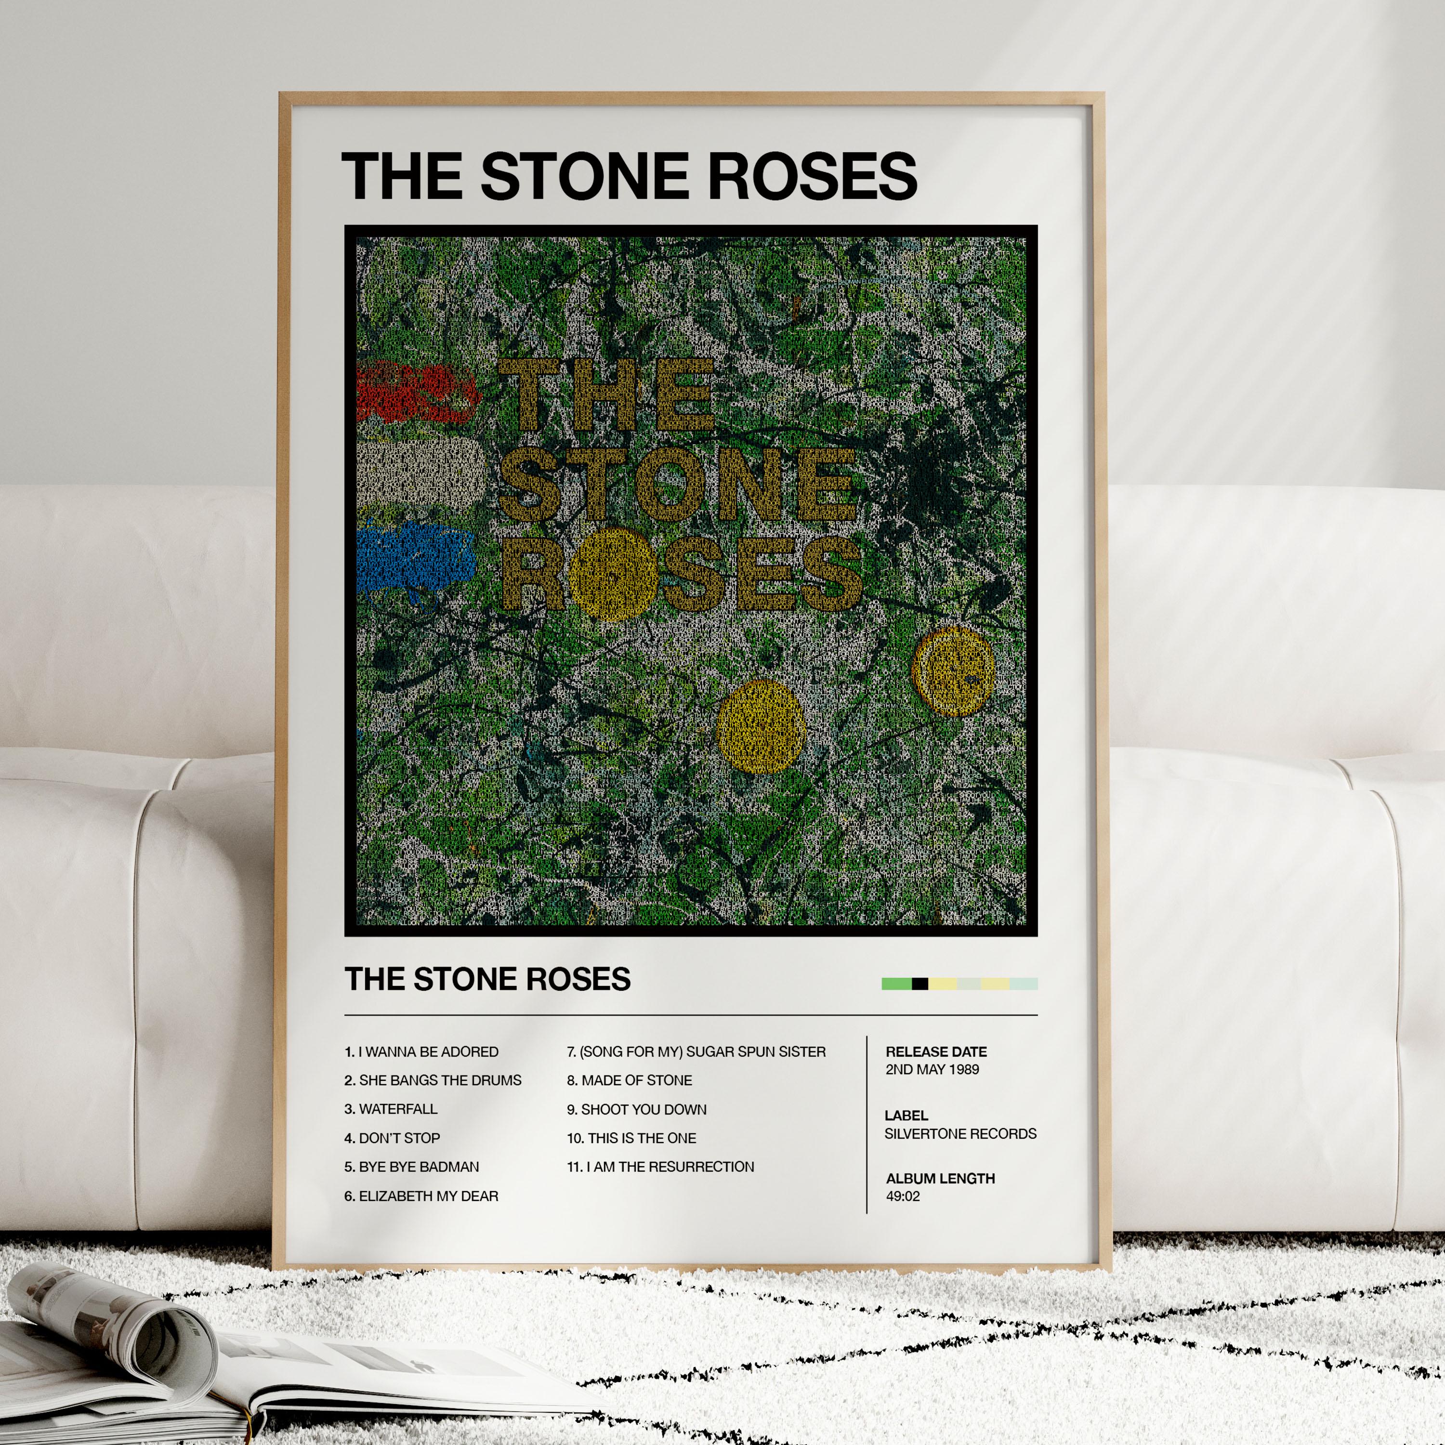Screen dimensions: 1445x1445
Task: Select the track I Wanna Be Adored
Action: [x=421, y=1051]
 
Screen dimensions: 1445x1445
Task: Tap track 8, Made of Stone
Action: [x=629, y=1080]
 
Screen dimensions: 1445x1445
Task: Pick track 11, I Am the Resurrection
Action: [x=660, y=1167]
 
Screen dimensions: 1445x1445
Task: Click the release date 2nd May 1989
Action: [x=932, y=1069]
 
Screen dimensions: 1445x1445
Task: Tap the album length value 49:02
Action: [x=903, y=1196]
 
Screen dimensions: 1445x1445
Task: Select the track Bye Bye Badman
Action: [x=419, y=1167]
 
